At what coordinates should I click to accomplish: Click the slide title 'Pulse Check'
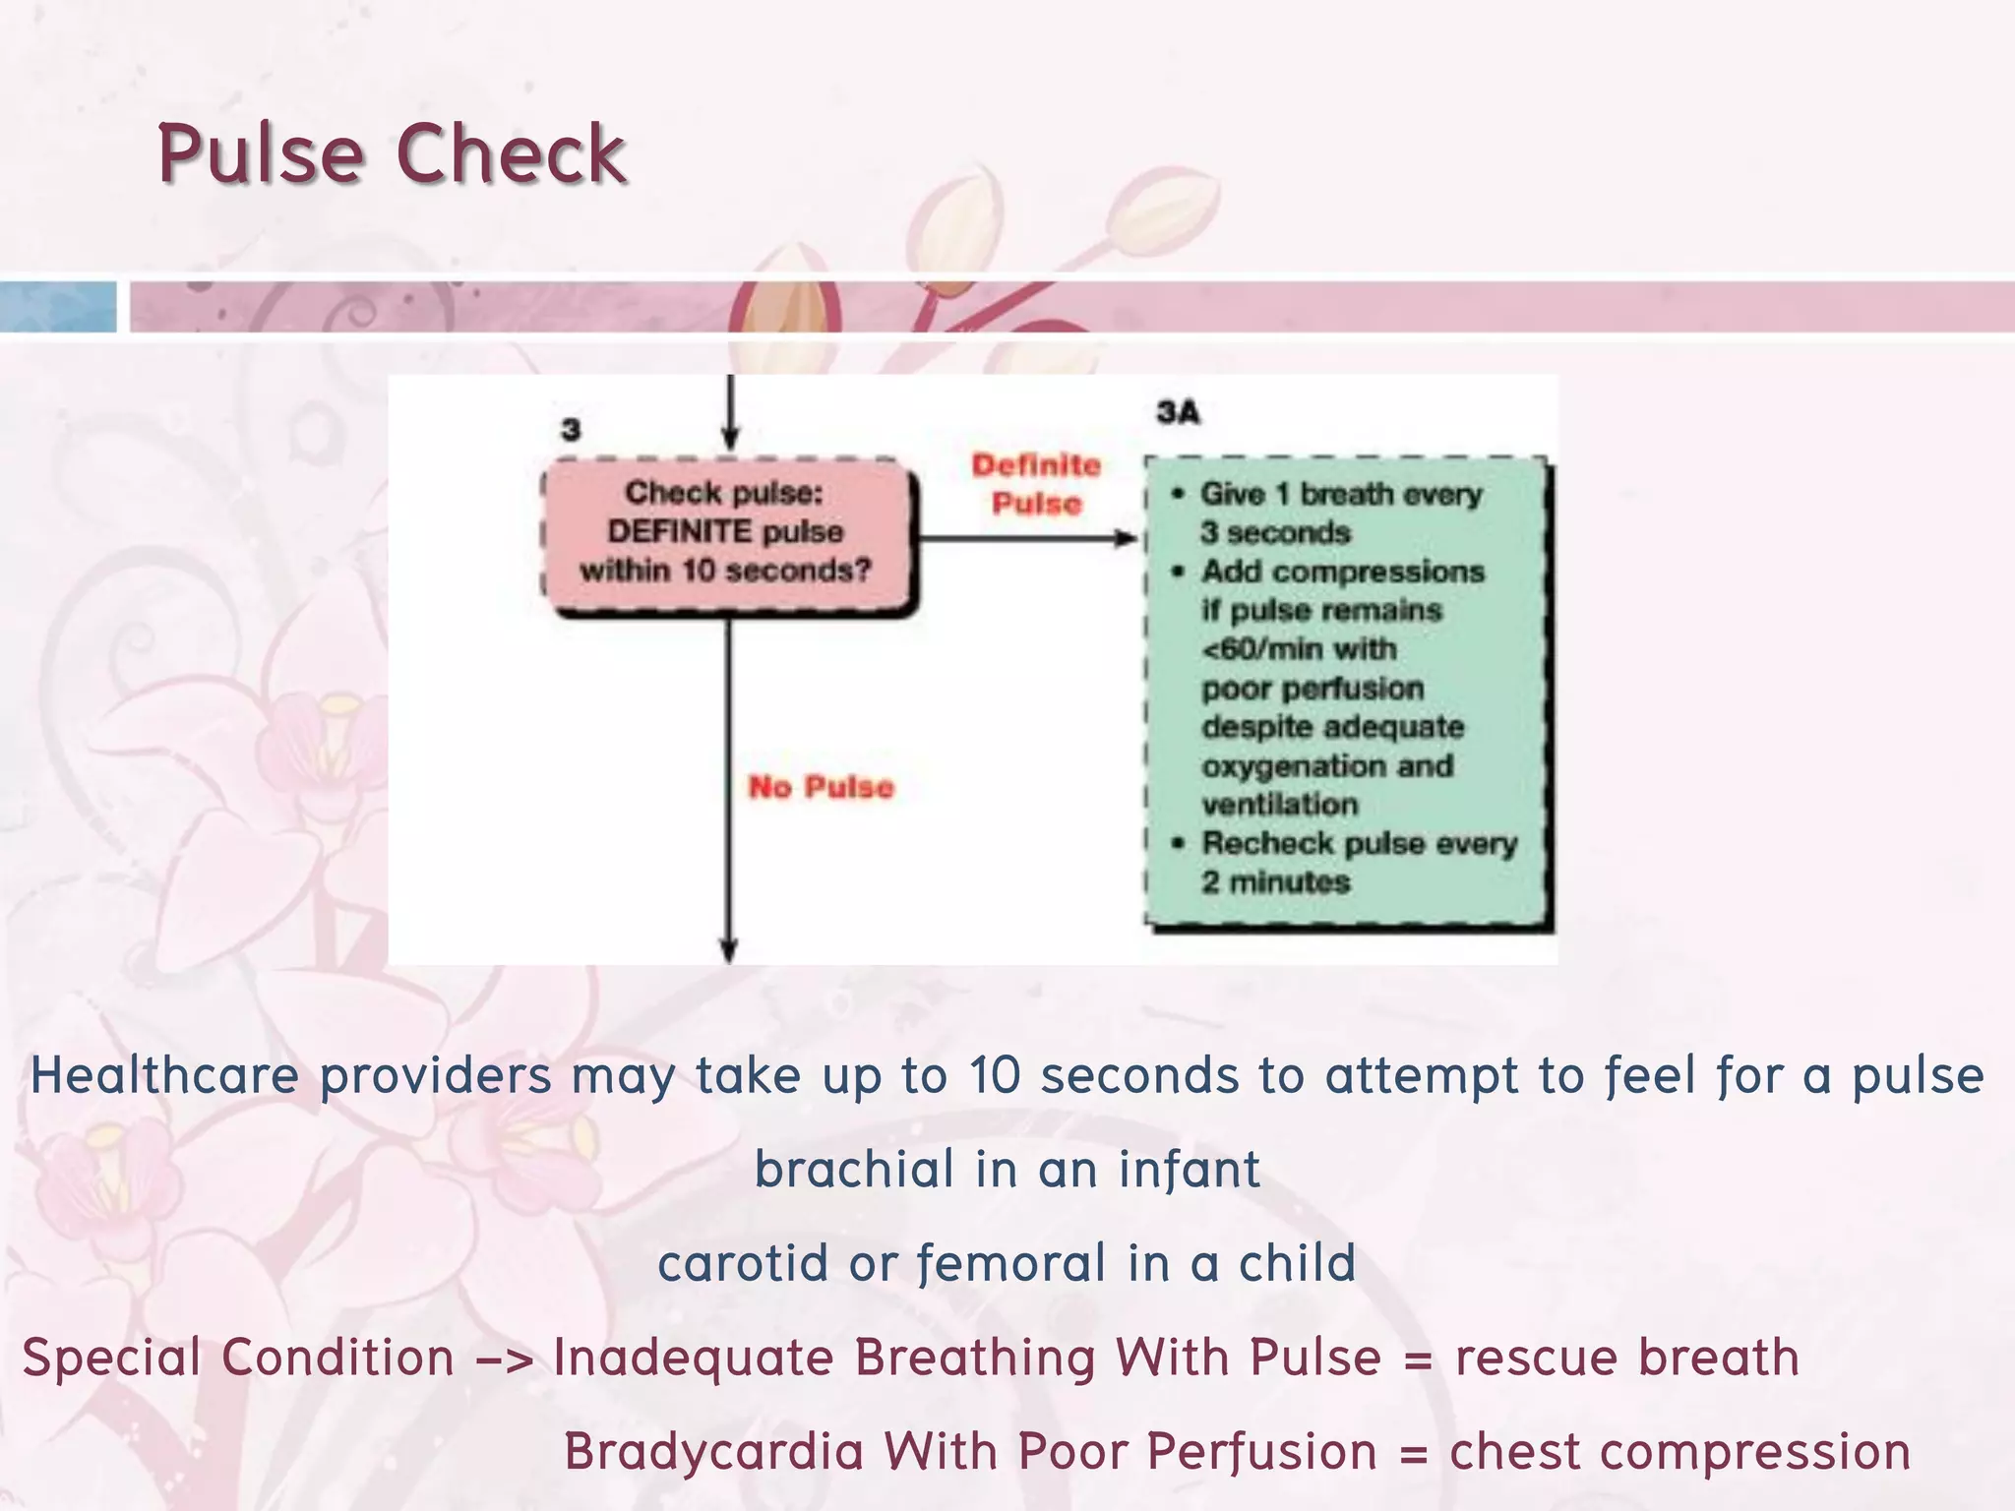point(392,153)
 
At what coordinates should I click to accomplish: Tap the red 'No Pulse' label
point(821,787)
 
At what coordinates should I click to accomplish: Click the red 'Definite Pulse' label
point(1036,484)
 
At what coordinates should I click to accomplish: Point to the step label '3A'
point(1178,412)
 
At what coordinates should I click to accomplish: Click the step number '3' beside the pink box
point(571,430)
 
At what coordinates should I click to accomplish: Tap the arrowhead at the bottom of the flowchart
point(729,949)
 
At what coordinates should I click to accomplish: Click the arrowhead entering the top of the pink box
point(730,440)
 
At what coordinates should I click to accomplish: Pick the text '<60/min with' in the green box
point(1299,649)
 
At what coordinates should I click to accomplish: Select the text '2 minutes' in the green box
point(1275,882)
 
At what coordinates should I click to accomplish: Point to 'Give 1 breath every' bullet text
point(1341,494)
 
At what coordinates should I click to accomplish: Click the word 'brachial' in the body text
point(854,1170)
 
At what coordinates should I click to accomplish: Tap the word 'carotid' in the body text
point(742,1264)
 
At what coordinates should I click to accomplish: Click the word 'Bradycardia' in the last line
point(713,1452)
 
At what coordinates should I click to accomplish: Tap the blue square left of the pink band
point(58,307)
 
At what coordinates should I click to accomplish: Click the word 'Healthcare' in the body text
point(164,1075)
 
